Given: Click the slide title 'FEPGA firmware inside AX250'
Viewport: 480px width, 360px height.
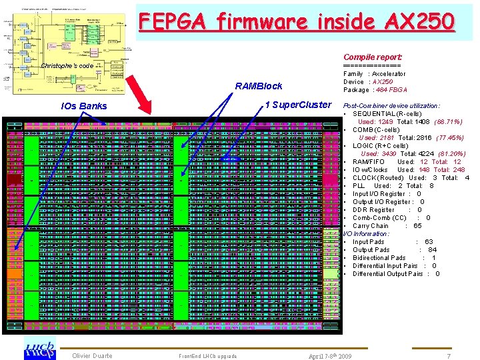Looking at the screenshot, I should coord(297,21).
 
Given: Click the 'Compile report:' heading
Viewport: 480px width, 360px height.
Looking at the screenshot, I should coord(373,58).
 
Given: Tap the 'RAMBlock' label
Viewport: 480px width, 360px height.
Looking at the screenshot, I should coord(259,86).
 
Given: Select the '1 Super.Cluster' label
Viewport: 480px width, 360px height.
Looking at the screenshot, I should coord(297,104).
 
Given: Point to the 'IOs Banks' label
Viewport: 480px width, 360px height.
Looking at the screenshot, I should coord(83,106).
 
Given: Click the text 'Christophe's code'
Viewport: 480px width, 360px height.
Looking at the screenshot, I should coord(67,66).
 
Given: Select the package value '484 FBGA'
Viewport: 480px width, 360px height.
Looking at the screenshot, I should coord(391,89).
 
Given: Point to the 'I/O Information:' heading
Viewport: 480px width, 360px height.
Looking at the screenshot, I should coord(366,234).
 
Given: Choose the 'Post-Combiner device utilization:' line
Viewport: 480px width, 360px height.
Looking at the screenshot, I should coord(391,106).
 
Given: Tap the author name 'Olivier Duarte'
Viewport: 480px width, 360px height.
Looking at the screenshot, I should coord(92,356).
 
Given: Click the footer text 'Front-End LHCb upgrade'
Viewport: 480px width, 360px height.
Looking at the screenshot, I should coord(207,356).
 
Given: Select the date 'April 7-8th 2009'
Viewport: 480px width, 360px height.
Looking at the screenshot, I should coord(330,356).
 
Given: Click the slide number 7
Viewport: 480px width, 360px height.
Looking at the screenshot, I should coord(449,356).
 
